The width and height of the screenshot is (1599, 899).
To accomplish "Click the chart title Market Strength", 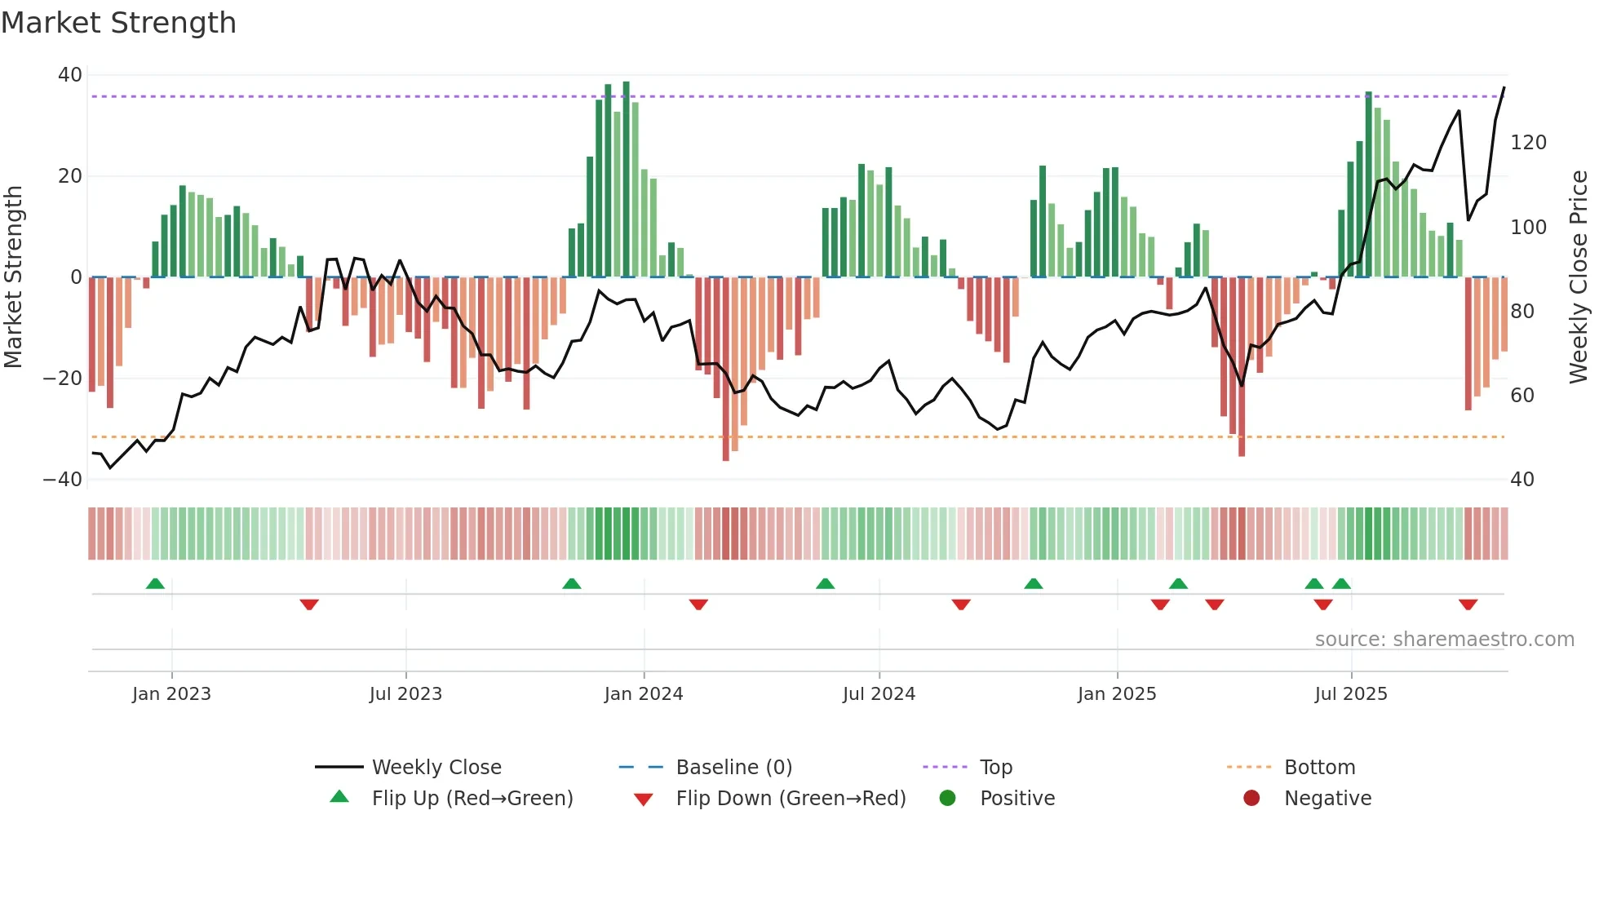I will pyautogui.click(x=118, y=23).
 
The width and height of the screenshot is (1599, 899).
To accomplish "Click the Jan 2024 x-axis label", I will pyautogui.click(x=643, y=694).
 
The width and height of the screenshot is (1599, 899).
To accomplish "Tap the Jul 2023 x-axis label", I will pyautogui.click(x=405, y=694).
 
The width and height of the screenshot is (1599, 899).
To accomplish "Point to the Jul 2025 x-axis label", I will pyautogui.click(x=1350, y=694).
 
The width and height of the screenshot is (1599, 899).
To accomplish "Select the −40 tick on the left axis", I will pyautogui.click(x=63, y=480).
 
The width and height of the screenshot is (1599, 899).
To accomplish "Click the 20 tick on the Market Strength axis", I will pyautogui.click(x=70, y=176).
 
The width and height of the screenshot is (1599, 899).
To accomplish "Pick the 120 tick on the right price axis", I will pyautogui.click(x=1528, y=143).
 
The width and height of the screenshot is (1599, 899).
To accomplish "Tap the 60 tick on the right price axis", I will pyautogui.click(x=1522, y=396).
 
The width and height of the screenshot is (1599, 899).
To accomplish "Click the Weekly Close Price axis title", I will pyautogui.click(x=1579, y=277).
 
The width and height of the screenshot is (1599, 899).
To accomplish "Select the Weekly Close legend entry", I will pyautogui.click(x=436, y=768).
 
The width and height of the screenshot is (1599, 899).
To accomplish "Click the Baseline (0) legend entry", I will pyautogui.click(x=733, y=768).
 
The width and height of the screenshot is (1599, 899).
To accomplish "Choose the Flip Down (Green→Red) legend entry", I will pyautogui.click(x=790, y=799).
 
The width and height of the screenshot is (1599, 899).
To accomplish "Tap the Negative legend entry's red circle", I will pyautogui.click(x=1251, y=799).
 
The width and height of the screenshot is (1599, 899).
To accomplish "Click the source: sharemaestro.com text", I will pyautogui.click(x=1444, y=640).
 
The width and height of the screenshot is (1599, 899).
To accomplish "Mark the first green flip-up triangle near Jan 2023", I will pyautogui.click(x=155, y=583).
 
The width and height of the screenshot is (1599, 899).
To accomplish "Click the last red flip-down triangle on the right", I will pyautogui.click(x=1468, y=604).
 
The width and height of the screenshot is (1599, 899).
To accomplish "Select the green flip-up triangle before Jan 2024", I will pyautogui.click(x=572, y=583).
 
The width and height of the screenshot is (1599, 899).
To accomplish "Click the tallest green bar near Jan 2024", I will pyautogui.click(x=626, y=179).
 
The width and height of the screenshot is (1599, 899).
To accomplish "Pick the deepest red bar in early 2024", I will pyautogui.click(x=725, y=369).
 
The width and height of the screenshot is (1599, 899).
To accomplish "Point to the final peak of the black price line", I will pyautogui.click(x=1504, y=88).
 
